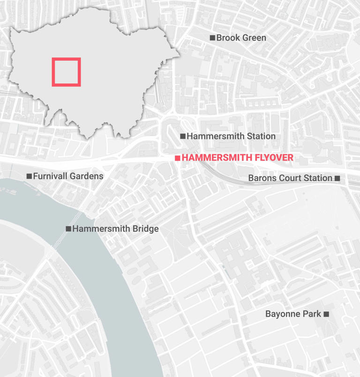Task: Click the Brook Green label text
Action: [241, 38]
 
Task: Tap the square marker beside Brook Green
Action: [212, 38]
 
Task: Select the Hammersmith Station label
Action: [231, 136]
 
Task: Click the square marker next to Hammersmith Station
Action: [183, 136]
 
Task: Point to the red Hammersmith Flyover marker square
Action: [177, 158]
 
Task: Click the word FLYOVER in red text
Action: [272, 158]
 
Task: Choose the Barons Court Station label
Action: [290, 178]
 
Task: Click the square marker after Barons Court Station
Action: [337, 178]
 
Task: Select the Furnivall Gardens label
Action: [68, 176]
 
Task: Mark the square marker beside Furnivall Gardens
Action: [29, 176]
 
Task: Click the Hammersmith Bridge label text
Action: [115, 229]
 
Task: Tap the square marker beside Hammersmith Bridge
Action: [68, 229]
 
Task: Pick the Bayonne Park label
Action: [293, 314]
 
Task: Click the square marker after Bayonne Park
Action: [326, 314]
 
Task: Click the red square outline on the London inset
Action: [66, 59]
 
